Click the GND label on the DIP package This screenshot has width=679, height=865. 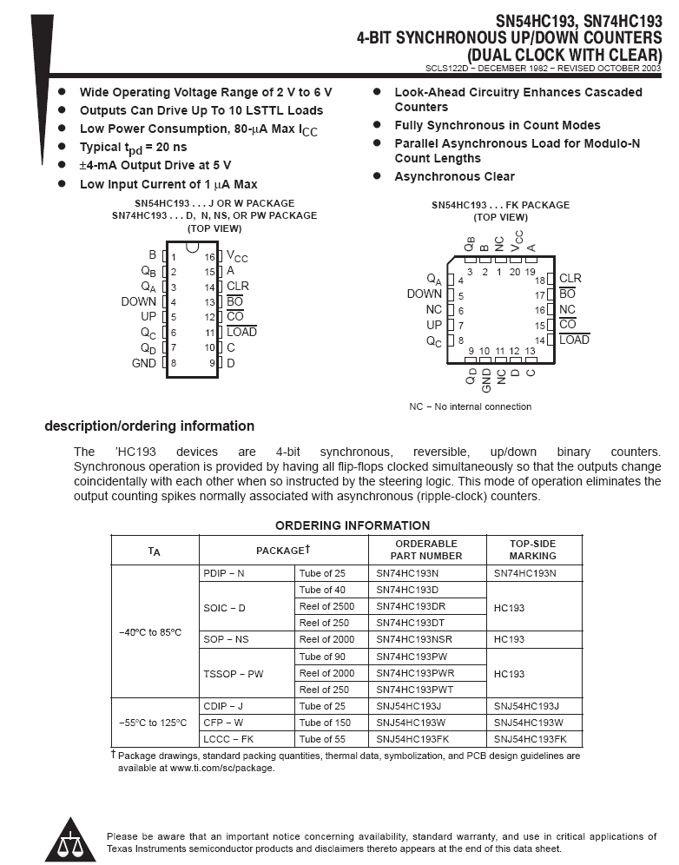(x=144, y=363)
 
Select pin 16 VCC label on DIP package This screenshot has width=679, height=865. (x=237, y=257)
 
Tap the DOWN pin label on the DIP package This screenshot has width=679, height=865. (x=139, y=301)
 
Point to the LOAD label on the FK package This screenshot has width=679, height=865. (x=574, y=340)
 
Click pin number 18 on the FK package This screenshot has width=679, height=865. (x=541, y=280)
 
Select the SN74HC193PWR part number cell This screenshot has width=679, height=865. (x=416, y=673)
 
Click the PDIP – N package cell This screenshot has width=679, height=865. (x=224, y=573)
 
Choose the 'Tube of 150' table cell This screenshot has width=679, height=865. (x=325, y=723)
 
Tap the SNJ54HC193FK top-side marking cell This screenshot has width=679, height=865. (x=530, y=739)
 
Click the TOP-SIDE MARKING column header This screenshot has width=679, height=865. (x=532, y=550)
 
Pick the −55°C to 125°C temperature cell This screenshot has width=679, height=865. (x=153, y=723)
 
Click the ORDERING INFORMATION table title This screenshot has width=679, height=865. (x=353, y=525)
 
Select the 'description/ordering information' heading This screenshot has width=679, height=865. (x=149, y=426)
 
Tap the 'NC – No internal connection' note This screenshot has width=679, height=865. (x=471, y=406)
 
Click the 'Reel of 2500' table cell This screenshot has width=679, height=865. (x=326, y=606)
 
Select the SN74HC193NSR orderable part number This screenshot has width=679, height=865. (x=419, y=639)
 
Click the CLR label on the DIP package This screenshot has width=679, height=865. (x=238, y=286)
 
